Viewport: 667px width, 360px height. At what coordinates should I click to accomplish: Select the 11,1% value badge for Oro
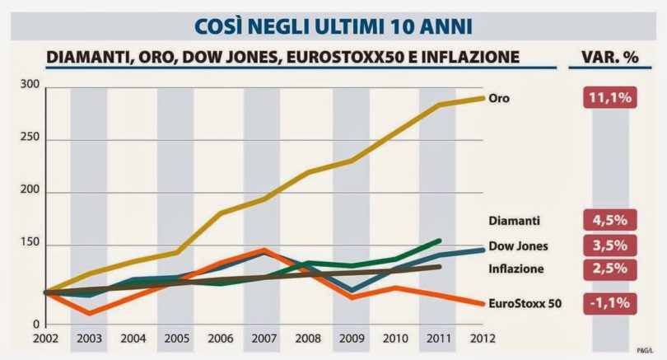click(609, 98)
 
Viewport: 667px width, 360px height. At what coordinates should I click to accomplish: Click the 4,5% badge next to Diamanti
click(609, 220)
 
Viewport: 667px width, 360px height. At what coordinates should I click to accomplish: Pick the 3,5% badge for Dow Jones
click(609, 245)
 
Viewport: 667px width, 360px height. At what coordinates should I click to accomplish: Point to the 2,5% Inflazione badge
click(609, 269)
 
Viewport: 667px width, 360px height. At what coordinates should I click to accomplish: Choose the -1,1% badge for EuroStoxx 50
click(609, 302)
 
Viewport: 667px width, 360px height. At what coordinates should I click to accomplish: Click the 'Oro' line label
click(499, 98)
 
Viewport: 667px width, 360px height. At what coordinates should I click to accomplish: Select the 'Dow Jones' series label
click(518, 245)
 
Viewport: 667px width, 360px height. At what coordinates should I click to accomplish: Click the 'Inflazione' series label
click(516, 269)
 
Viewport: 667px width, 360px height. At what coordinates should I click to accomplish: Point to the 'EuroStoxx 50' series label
click(525, 303)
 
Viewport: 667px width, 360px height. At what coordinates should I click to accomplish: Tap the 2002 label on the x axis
click(45, 337)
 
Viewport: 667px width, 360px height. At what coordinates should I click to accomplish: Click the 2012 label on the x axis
click(483, 337)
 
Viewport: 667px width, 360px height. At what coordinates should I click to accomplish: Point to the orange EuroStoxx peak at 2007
click(263, 250)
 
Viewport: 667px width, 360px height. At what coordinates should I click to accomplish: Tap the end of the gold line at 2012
click(483, 98)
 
